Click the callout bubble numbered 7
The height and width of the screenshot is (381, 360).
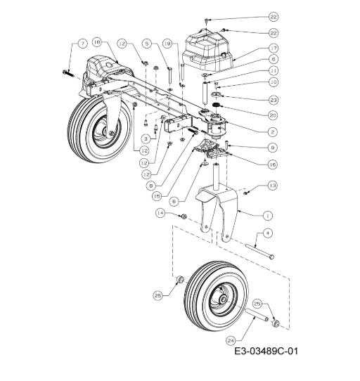coord(83,44)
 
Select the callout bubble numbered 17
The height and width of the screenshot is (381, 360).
coord(274,48)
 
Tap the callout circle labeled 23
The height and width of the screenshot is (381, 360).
coord(274,100)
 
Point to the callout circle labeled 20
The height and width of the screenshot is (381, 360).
coord(274,115)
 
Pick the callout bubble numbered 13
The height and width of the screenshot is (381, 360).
coord(273,186)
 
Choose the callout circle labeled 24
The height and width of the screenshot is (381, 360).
coord(231,341)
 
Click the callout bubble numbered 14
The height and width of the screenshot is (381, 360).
coord(160,213)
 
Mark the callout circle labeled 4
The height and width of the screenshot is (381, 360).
coord(268,233)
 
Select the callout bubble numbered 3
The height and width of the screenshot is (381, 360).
coord(146,138)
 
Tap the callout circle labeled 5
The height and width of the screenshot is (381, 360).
coord(147,44)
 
